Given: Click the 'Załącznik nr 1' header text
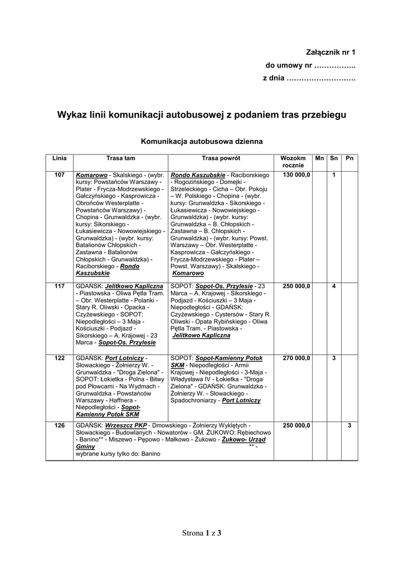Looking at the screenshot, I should (x=330, y=52).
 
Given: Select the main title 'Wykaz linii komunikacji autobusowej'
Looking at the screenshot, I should (x=202, y=115).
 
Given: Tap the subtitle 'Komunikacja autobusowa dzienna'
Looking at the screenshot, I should (x=202, y=142).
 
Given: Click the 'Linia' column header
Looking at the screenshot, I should (x=59, y=158).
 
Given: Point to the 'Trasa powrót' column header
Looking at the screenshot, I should (x=221, y=158).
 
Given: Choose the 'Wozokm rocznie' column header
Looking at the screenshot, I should (x=293, y=162).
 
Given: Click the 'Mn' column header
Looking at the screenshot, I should (x=319, y=158).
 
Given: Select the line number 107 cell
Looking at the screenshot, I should (x=59, y=175).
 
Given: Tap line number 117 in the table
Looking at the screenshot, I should (x=59, y=286).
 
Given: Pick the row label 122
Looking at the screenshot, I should (x=59, y=357).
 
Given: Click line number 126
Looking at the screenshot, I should (x=59, y=425).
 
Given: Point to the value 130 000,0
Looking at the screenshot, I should (x=296, y=175).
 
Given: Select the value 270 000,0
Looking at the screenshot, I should (x=296, y=357).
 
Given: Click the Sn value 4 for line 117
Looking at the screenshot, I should (x=334, y=286).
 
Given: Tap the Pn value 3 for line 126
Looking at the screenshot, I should (x=349, y=425).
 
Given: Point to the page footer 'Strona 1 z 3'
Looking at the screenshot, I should (x=202, y=533).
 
